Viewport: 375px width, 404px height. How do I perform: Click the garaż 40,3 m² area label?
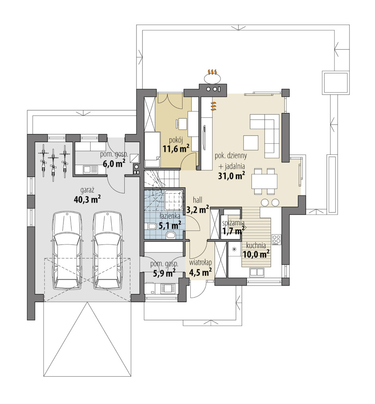click(x=87, y=196)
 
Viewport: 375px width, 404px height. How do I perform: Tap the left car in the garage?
click(x=68, y=251)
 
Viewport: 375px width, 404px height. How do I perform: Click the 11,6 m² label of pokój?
click(x=176, y=148)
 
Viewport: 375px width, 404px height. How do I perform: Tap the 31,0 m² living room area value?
click(x=231, y=176)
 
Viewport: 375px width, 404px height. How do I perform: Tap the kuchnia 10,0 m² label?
click(x=256, y=250)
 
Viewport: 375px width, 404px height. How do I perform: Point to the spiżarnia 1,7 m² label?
click(x=234, y=227)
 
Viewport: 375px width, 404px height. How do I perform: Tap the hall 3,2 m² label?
click(x=197, y=205)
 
